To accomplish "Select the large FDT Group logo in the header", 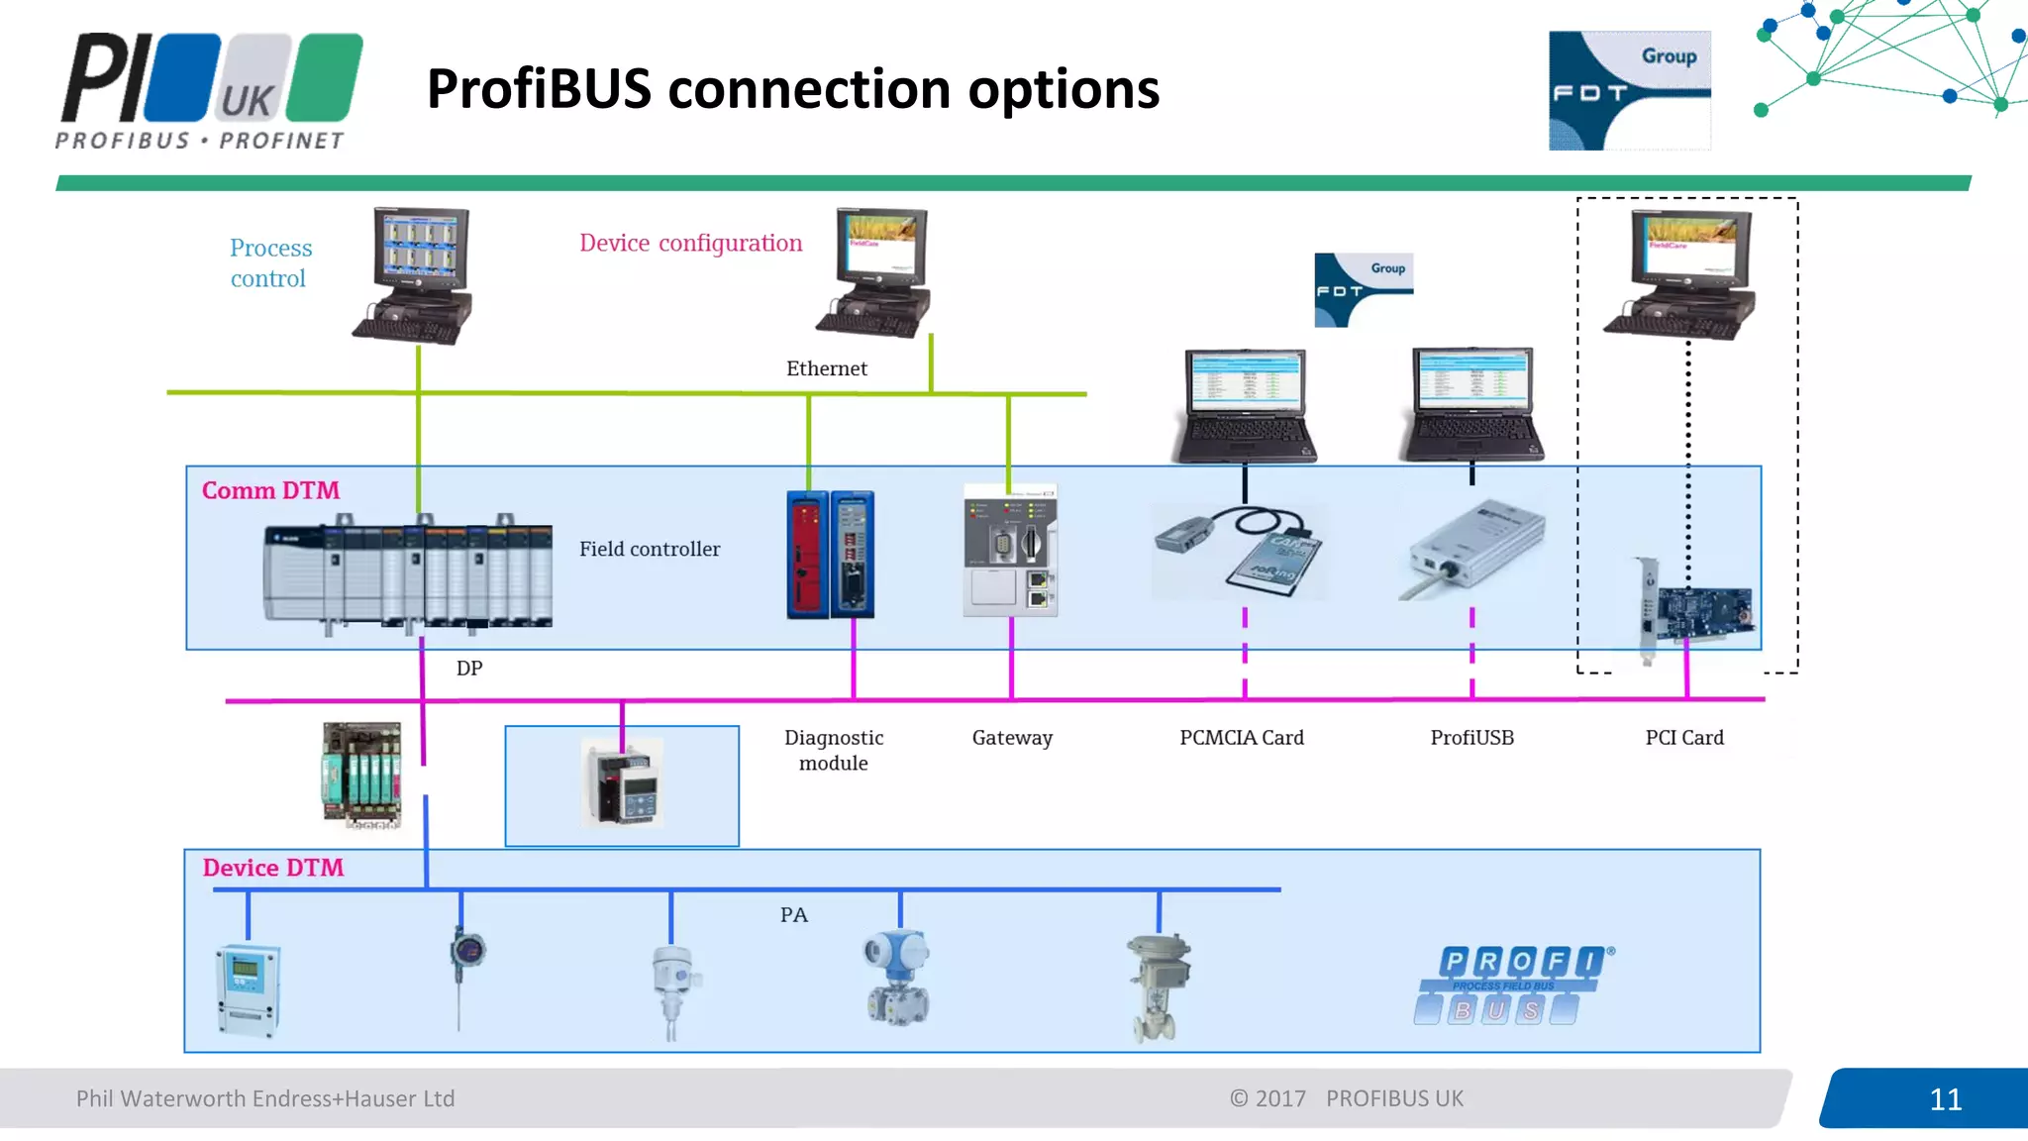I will coord(1629,90).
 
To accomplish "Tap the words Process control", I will coord(269,262).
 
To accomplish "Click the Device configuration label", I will coord(690,243).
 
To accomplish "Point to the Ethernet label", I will coord(826,368).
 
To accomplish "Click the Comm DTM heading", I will coord(270,490).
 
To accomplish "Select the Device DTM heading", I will coord(272,868).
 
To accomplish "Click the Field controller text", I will coord(650,549).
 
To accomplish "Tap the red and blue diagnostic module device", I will coord(830,554).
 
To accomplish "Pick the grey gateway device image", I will coord(1010,551).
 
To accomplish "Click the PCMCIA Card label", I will coord(1241,737).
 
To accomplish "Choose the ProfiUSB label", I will coord(1471,737).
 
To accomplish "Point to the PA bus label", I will coord(793,915).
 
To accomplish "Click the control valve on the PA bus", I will coord(1158,986).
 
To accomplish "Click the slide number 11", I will coord(1945,1099).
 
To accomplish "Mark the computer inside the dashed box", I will coord(1681,274).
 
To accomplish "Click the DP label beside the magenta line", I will coord(468,669).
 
